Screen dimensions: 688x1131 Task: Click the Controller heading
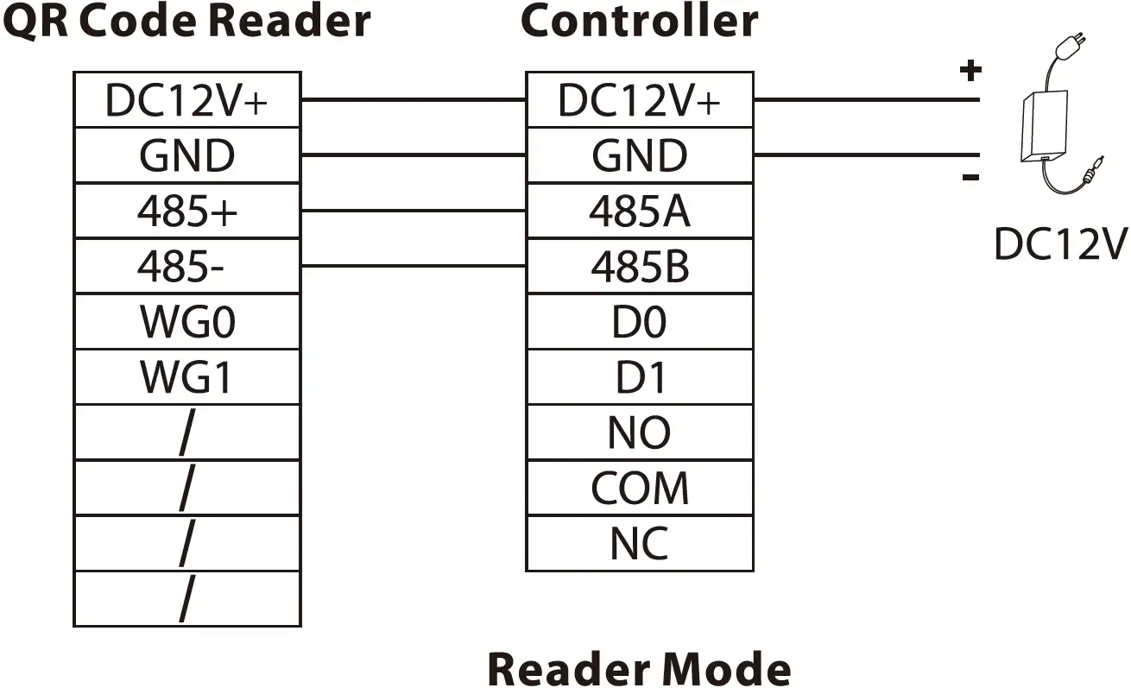coord(639,21)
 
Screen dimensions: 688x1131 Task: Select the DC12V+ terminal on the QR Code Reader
coord(187,101)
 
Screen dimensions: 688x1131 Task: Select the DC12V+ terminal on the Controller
coord(640,101)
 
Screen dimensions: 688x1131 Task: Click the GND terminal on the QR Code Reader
coord(187,156)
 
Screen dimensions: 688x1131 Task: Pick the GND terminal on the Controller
coord(640,156)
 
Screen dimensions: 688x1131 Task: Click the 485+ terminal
coord(187,211)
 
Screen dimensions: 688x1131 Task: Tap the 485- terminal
coord(187,267)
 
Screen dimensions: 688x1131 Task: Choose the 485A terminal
coord(640,211)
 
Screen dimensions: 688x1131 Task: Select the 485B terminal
coord(640,267)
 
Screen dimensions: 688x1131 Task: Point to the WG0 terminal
coord(187,322)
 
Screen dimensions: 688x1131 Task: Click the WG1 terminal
coord(187,377)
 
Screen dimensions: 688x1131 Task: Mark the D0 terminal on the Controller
coord(640,322)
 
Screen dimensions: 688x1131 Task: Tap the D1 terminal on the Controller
coord(640,377)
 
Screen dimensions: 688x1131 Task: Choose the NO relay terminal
coord(640,432)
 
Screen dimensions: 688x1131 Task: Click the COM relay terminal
coord(640,489)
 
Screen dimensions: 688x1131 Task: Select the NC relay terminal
coord(640,544)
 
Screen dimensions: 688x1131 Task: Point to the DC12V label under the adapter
coord(1060,244)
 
